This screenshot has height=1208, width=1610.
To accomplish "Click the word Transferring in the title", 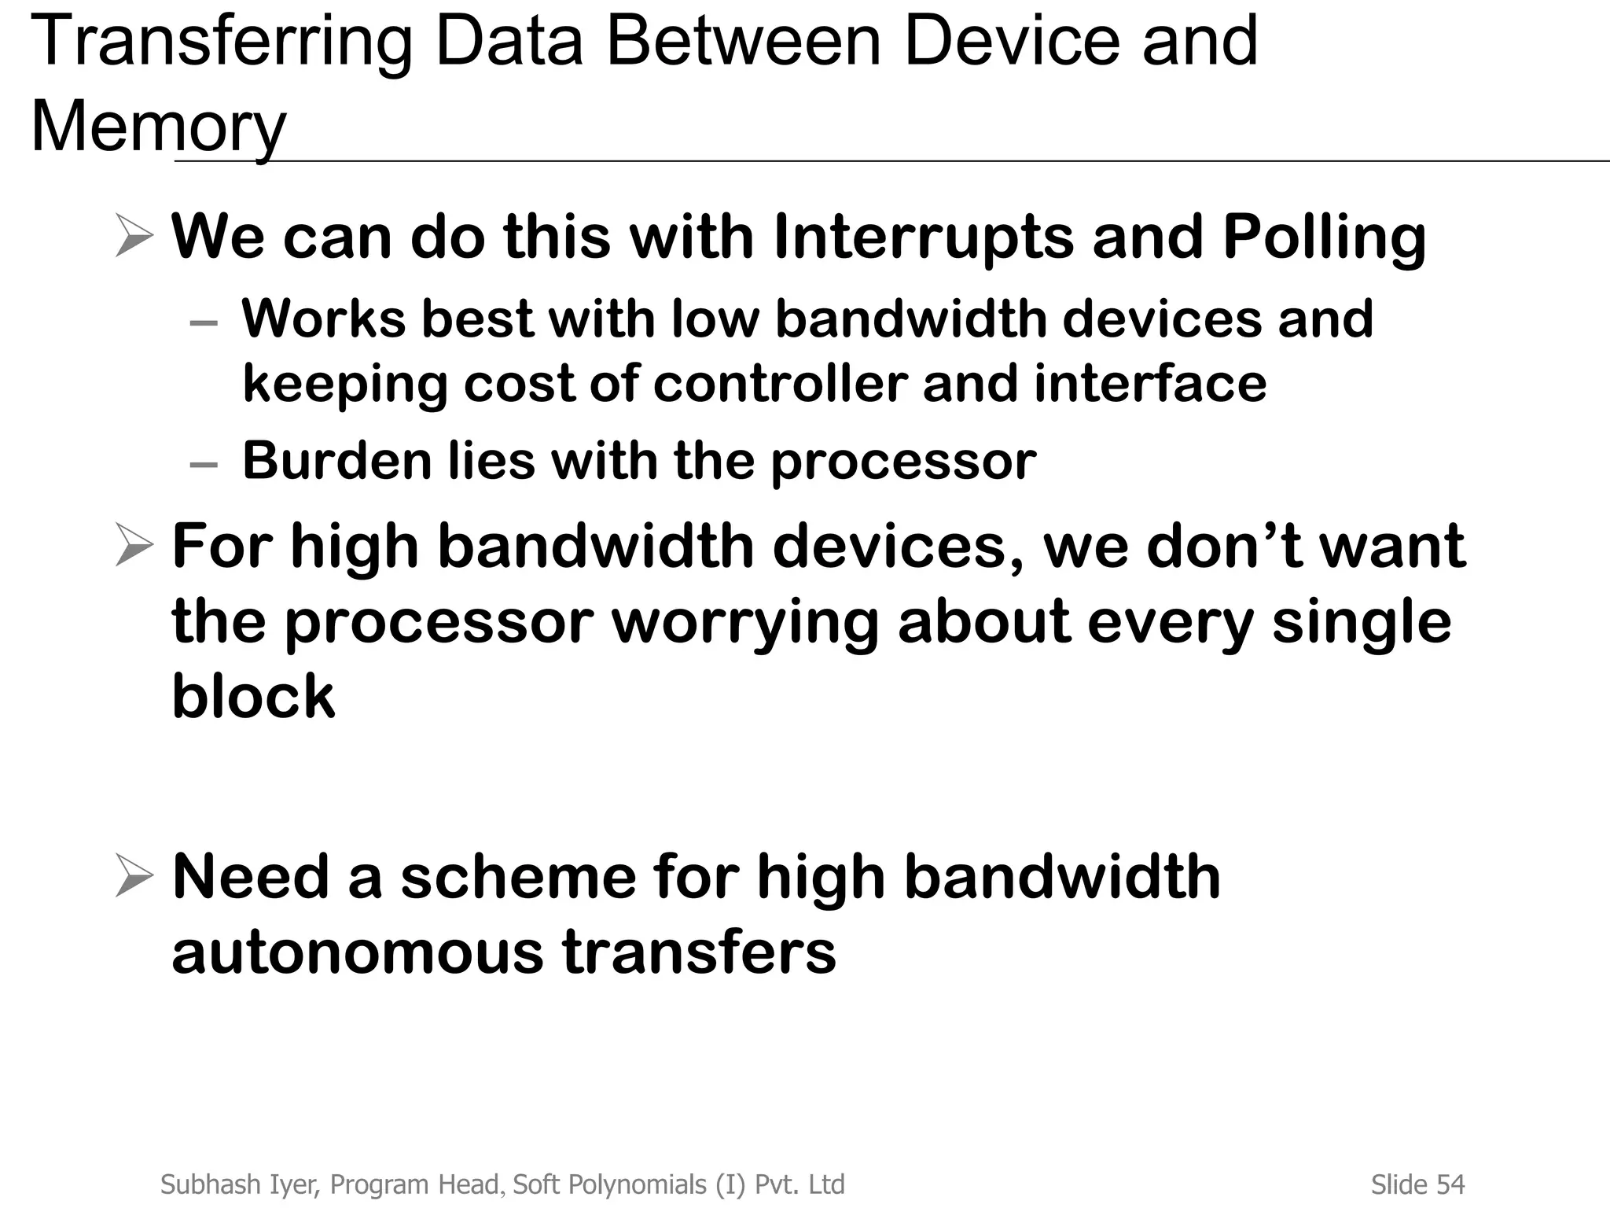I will click(x=222, y=42).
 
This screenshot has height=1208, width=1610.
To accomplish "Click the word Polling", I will click(x=1324, y=237).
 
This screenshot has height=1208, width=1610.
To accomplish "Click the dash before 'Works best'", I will click(x=204, y=323).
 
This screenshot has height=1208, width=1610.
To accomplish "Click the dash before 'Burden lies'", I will click(x=204, y=465).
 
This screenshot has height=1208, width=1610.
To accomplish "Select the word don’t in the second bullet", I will click(x=1224, y=546).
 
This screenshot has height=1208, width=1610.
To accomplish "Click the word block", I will click(x=253, y=696).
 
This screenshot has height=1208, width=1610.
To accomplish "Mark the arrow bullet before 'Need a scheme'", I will click(x=134, y=877).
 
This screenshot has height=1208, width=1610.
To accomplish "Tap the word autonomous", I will click(x=357, y=952).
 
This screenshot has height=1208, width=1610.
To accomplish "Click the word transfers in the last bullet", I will click(x=698, y=952).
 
